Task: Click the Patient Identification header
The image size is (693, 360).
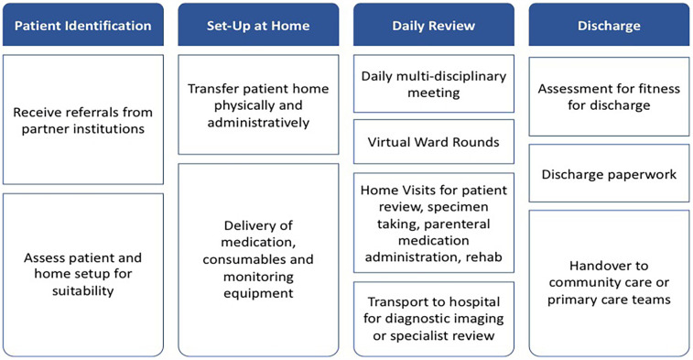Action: tap(82, 25)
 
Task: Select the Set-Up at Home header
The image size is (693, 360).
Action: tap(257, 25)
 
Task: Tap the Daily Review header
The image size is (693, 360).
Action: tap(433, 25)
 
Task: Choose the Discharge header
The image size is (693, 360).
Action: tap(609, 25)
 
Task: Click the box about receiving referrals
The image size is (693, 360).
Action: tap(82, 119)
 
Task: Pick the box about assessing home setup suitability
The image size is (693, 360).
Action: tap(82, 273)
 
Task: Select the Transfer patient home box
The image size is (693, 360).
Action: tap(257, 105)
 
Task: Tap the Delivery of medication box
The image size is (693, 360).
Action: tap(257, 258)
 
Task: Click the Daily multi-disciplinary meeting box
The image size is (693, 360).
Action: tap(433, 83)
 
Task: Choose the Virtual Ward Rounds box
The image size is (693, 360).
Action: tap(433, 142)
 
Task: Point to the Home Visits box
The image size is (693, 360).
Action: tap(433, 223)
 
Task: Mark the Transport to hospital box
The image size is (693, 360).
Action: tap(433, 318)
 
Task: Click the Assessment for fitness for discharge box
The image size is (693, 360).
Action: tap(609, 97)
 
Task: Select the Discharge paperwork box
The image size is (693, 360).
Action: tap(609, 173)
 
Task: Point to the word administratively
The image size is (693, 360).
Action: tap(257, 122)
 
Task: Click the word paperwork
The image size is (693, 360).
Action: tap(641, 173)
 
